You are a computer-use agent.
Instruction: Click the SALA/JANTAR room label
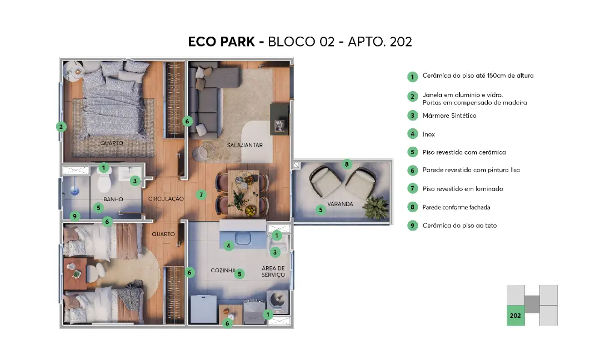(245, 145)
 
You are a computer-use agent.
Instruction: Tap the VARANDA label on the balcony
(340, 204)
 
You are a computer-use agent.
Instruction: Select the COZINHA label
(223, 271)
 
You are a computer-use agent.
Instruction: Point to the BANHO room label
(113, 199)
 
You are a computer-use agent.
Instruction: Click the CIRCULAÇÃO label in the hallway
(166, 198)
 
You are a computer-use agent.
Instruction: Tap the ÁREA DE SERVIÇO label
(273, 271)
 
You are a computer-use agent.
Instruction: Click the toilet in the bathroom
(104, 181)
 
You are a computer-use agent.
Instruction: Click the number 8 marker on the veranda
(347, 164)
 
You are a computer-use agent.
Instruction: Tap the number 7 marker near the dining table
(201, 195)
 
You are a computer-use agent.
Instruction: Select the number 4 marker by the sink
(228, 246)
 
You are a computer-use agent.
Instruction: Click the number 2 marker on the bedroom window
(61, 127)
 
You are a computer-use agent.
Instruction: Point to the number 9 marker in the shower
(74, 216)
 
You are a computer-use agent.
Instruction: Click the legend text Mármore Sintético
(449, 116)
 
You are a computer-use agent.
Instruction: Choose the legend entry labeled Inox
(428, 134)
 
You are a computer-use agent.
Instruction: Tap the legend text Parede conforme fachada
(457, 207)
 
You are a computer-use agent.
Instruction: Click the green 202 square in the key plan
(516, 315)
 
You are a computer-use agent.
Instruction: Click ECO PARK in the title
(221, 42)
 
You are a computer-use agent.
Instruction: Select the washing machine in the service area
(277, 301)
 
